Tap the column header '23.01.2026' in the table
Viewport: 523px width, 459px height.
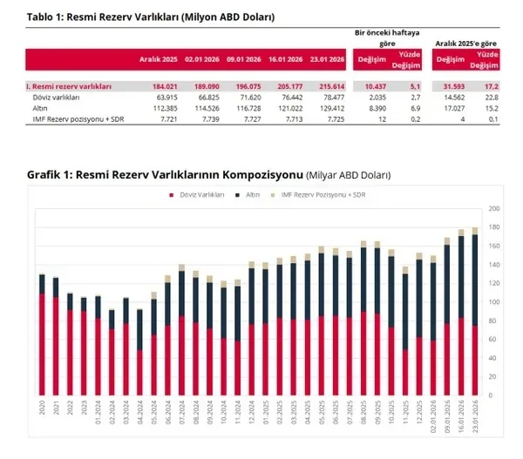[x=325, y=59]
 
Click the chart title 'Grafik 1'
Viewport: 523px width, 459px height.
[x=209, y=175]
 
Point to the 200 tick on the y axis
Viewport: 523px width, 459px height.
[x=494, y=209]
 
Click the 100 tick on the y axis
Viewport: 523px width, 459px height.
[x=494, y=302]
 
